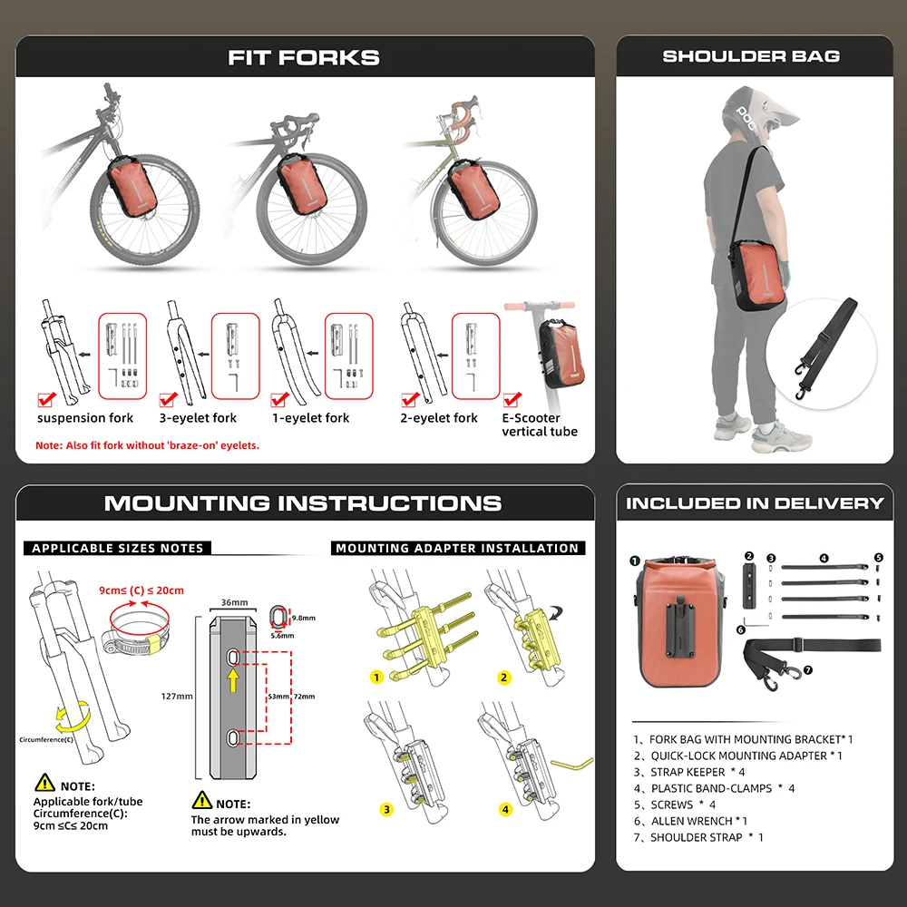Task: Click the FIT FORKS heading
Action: coord(304,57)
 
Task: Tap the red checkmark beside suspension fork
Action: coord(46,399)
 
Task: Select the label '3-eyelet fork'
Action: coord(198,418)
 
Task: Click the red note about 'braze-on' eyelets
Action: coord(148,445)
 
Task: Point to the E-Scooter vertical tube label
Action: coord(540,424)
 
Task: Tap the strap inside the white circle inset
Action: coord(824,347)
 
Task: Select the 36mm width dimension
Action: coord(234,602)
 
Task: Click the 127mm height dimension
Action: coord(177,696)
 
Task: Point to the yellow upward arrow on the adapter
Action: coord(233,680)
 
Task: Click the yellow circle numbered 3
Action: coord(386,810)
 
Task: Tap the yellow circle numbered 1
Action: coord(376,678)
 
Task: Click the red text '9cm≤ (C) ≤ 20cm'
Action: coord(141,590)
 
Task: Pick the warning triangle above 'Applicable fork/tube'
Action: coord(44,783)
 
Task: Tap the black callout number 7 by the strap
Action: coord(808,670)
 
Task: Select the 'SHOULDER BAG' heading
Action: coord(751,56)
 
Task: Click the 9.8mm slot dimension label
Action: coord(304,618)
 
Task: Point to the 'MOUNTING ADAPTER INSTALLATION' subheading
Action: coord(457,548)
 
